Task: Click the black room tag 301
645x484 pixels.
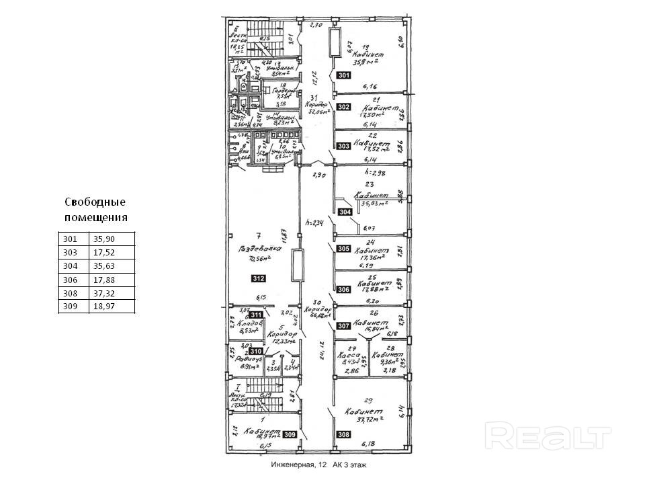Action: (x=343, y=75)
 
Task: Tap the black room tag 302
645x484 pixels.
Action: (x=343, y=107)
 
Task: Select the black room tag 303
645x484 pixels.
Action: (x=343, y=146)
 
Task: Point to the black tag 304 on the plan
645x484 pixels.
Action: (x=345, y=212)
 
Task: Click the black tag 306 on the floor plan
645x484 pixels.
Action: (x=344, y=289)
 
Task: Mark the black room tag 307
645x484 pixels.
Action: (x=343, y=326)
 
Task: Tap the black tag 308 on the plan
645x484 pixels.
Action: (x=344, y=434)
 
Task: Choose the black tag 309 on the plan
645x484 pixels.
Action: (x=290, y=434)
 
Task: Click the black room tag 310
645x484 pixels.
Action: (x=256, y=351)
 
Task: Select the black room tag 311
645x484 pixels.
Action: (x=256, y=315)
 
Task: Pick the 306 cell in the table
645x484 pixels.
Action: (x=71, y=280)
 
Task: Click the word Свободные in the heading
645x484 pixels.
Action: (x=95, y=202)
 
